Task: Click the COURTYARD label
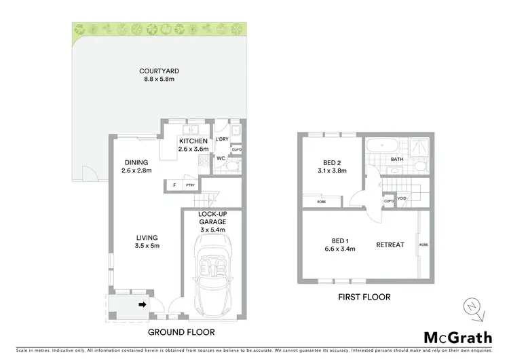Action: coord(159,71)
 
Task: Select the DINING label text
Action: coord(136,162)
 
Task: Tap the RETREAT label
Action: coord(390,245)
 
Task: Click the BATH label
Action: coord(397,160)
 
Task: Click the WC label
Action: coord(221,158)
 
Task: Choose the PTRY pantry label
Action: coord(190,185)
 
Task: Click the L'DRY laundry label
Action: coord(222,139)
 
